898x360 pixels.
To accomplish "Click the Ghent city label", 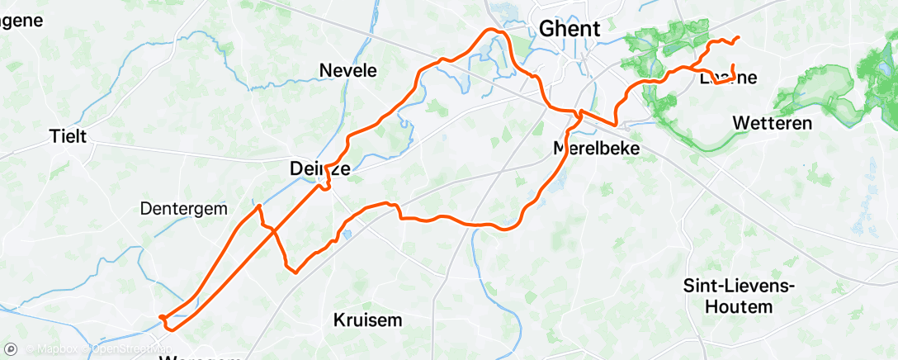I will point(570,29).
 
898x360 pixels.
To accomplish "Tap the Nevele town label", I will point(348,71).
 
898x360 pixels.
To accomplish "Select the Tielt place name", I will point(69,136).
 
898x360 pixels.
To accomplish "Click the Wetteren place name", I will point(773,124).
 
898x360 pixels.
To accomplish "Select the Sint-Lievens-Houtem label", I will point(728,296).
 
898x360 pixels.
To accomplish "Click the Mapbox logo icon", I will point(11,350).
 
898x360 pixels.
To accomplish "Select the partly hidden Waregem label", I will point(202,357).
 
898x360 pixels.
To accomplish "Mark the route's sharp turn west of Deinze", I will point(260,206).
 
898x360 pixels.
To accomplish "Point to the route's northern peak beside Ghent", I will point(496,30).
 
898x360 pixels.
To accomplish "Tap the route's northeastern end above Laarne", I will point(737,37).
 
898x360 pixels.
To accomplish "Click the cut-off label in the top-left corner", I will point(22,21).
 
